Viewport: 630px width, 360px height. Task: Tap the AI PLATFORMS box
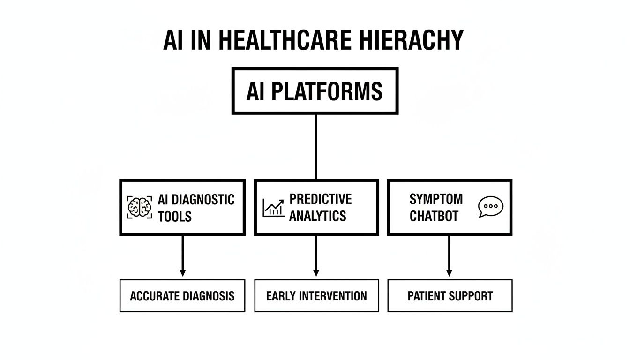coord(315,91)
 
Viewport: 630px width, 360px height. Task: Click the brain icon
coord(140,207)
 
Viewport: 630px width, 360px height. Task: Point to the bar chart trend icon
coord(274,208)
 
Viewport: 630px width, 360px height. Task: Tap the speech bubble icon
coord(490,207)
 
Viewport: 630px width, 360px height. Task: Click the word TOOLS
coord(174,216)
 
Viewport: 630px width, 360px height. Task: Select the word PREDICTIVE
coord(320,199)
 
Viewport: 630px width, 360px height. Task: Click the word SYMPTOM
coord(436,199)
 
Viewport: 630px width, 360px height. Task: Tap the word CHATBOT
coord(434,216)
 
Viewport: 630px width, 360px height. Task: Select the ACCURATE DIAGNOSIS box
coord(182,296)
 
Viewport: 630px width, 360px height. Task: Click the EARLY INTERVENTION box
coord(316,296)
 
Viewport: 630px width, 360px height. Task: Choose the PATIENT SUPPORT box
coord(450,296)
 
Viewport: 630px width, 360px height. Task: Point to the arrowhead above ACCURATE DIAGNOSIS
coord(183,272)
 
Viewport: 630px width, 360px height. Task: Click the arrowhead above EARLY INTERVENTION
coord(316,272)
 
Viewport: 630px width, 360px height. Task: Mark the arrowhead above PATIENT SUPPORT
coord(449,272)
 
